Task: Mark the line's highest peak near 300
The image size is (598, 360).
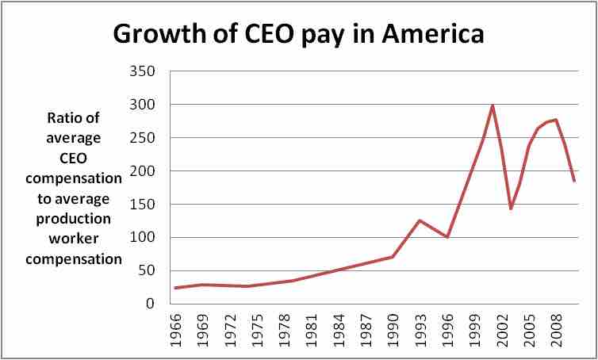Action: pos(492,105)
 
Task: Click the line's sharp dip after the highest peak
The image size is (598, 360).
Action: pos(511,209)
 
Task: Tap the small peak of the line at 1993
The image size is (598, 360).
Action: pos(419,220)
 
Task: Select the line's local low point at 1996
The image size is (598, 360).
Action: pos(447,236)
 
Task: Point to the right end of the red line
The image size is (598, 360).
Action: pos(574,182)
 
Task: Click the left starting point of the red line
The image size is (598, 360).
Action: pos(174,288)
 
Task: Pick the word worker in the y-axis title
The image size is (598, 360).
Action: pos(77,237)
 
